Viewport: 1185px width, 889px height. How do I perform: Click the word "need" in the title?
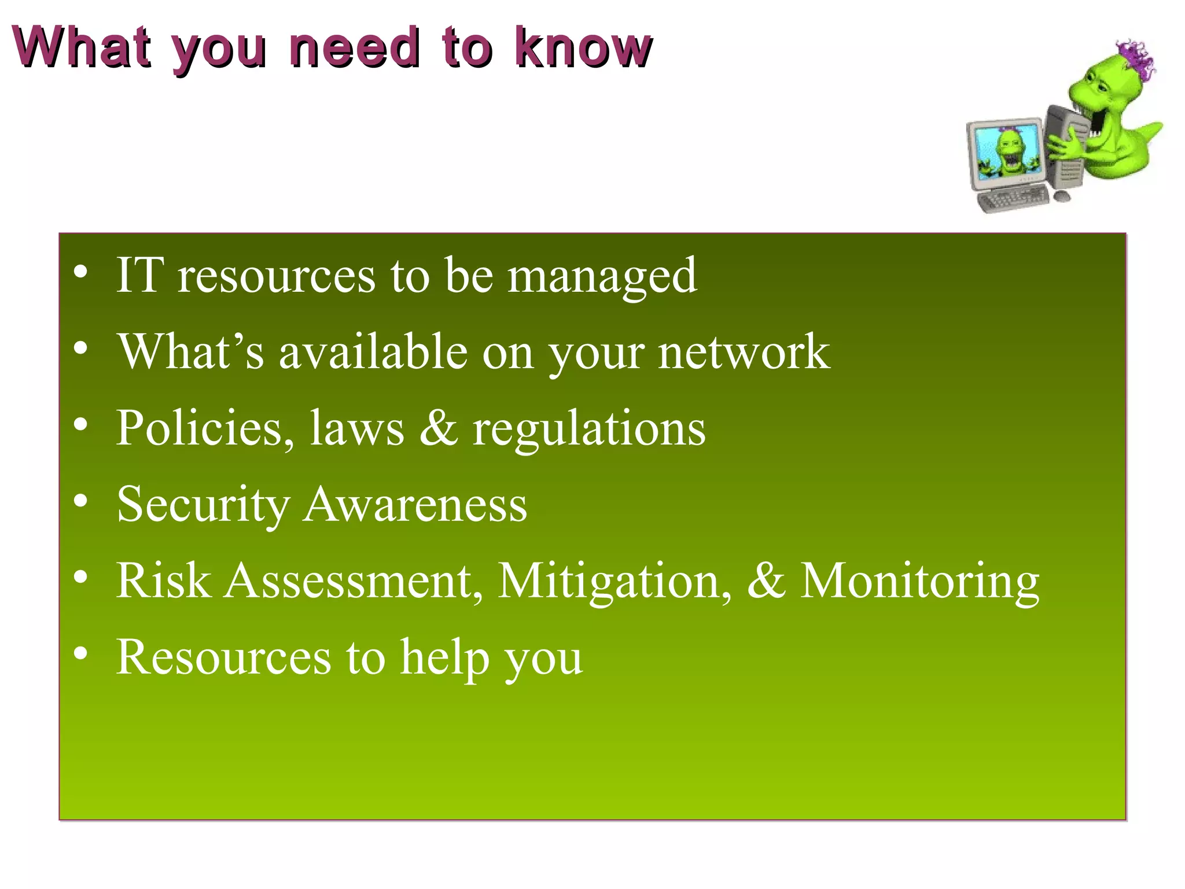point(354,47)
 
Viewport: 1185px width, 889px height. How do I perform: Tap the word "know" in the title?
point(583,47)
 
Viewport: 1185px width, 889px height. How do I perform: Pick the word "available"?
point(373,352)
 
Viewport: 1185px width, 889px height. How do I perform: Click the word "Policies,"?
point(205,428)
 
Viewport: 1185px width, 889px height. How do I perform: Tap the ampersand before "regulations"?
point(438,428)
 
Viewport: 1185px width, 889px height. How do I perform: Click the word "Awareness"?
point(415,505)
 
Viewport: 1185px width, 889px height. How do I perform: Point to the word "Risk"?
point(164,581)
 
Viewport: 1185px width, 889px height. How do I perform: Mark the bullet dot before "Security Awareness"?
point(81,501)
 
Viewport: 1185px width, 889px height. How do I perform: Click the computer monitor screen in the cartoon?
point(1007,153)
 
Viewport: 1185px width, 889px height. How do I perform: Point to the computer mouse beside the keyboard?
point(1062,197)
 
